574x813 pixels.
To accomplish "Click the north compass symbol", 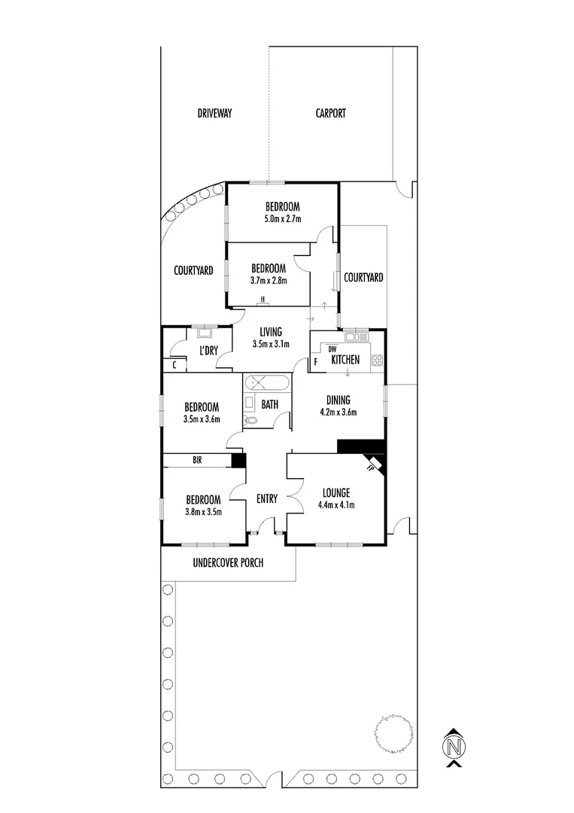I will point(453,748).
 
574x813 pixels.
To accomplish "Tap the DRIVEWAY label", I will point(214,114).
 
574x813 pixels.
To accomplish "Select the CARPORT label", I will point(330,114).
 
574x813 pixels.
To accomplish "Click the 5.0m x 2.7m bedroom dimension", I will point(282,219).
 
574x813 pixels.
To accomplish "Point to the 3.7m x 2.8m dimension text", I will point(269,281).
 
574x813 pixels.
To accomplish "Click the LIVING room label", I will point(270,332).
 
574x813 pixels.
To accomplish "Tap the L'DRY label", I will point(208,352).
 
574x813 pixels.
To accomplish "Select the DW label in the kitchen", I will point(332,349).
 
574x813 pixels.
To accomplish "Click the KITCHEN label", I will point(351,361).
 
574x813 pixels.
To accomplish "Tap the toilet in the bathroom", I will point(251,422).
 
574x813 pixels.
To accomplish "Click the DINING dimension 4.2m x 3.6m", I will point(338,412).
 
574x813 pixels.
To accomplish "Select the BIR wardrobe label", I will point(196,459).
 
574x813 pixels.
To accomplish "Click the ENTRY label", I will point(267,498).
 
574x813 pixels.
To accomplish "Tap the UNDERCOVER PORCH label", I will point(228,563).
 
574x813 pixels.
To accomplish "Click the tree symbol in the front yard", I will point(393,732).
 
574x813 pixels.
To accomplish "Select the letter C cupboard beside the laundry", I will point(175,366).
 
